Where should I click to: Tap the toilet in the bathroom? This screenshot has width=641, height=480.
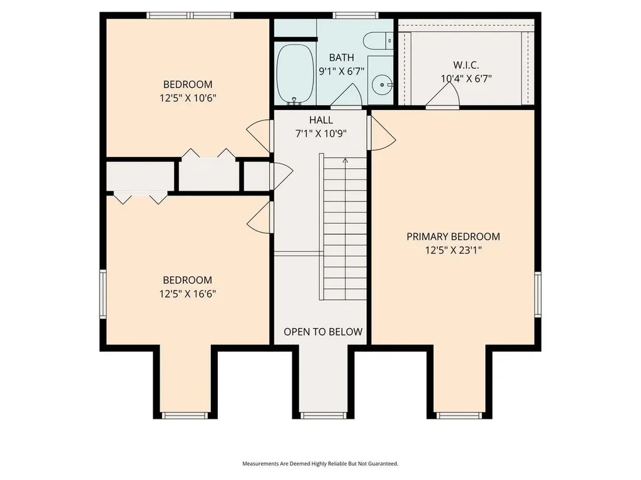click(x=377, y=41)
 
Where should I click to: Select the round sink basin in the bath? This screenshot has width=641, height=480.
click(x=382, y=85)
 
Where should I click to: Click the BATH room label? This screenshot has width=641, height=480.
click(x=341, y=57)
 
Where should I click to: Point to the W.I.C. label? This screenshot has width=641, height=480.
click(x=466, y=65)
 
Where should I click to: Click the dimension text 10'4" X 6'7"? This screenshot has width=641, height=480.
click(x=466, y=78)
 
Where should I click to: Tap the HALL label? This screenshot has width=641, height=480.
click(x=321, y=120)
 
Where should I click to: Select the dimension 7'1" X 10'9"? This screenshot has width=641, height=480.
click(x=321, y=134)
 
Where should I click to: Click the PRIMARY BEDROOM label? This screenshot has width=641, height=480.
click(x=453, y=237)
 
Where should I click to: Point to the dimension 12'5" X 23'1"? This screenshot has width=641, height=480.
click(x=453, y=250)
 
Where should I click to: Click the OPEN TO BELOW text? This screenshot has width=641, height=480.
click(x=323, y=332)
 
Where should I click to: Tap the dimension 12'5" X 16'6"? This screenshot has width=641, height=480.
click(x=188, y=294)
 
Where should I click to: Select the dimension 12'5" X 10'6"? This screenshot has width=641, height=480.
click(x=188, y=98)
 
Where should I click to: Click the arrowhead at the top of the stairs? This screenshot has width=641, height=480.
click(x=345, y=161)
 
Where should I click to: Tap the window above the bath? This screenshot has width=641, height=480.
click(x=356, y=16)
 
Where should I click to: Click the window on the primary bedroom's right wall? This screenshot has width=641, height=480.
click(x=538, y=294)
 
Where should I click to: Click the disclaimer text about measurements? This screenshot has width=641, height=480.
click(x=320, y=464)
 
